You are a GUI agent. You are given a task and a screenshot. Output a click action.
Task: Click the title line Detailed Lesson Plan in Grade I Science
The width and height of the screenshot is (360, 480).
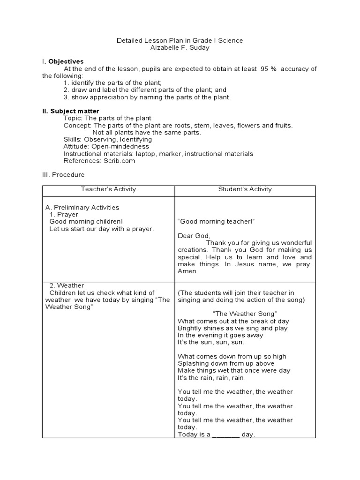(x=180, y=41)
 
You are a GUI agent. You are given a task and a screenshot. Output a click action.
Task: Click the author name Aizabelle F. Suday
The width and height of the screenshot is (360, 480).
(x=180, y=48)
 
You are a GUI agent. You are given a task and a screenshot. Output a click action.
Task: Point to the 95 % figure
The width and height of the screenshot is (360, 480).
(x=267, y=69)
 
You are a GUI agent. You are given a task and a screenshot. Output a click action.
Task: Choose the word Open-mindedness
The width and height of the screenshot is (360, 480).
(x=120, y=146)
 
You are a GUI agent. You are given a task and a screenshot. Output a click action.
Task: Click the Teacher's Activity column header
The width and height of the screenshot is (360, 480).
(x=108, y=189)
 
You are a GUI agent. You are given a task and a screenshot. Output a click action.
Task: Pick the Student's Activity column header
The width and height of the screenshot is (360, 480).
(x=245, y=189)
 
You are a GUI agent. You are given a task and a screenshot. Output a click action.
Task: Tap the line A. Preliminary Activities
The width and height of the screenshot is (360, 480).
(x=82, y=207)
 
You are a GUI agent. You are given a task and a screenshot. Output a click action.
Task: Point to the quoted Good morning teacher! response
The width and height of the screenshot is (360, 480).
(x=216, y=221)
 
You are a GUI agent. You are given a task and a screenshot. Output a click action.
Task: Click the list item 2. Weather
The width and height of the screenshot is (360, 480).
(x=67, y=285)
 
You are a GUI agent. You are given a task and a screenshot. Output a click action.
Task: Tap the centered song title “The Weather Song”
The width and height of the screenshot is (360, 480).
(x=244, y=313)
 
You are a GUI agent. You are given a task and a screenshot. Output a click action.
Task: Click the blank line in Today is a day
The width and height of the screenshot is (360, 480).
(x=226, y=435)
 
